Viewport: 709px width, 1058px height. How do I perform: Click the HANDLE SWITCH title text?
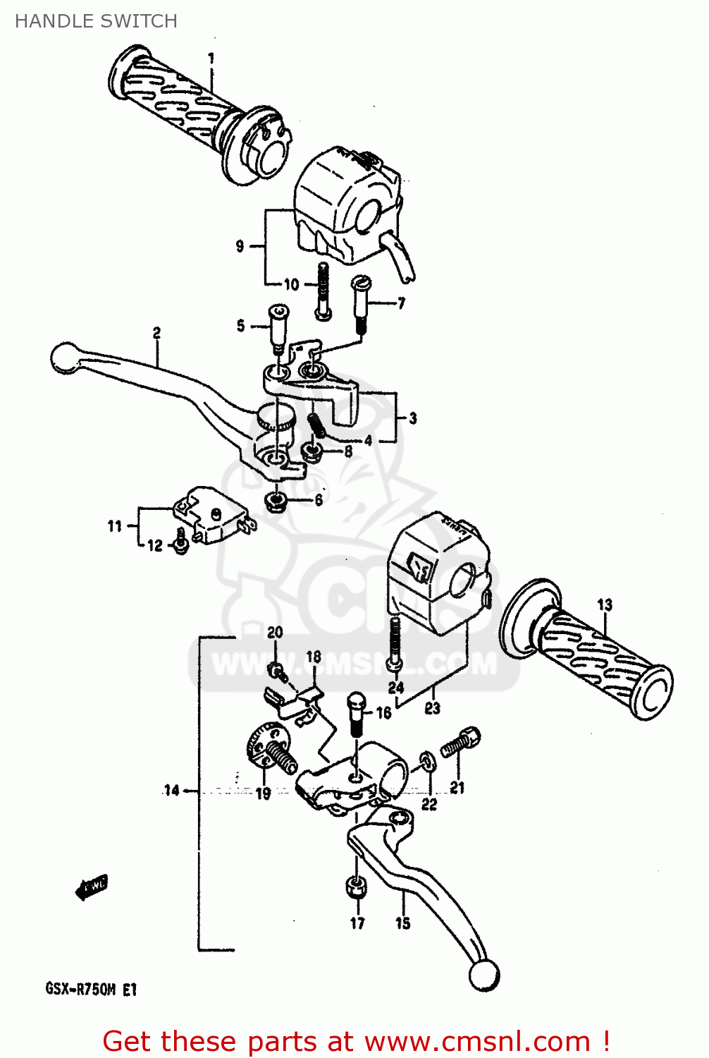(96, 21)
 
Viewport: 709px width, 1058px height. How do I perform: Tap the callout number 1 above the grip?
(211, 59)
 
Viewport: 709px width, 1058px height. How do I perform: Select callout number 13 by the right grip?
(605, 604)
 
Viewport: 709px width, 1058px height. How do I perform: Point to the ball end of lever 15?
(483, 975)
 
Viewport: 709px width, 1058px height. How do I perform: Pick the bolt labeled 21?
(462, 743)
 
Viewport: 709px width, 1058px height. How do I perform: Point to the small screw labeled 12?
(180, 541)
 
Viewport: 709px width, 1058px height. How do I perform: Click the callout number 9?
(240, 246)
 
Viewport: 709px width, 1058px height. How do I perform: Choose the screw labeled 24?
(395, 642)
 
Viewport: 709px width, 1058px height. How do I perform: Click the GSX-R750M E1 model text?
(92, 990)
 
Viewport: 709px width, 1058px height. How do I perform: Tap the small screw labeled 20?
(278, 670)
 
